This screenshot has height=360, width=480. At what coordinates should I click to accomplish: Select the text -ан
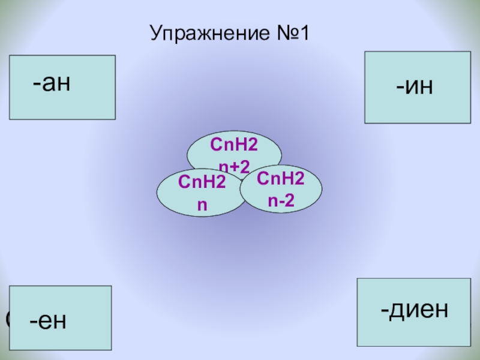point(52,83)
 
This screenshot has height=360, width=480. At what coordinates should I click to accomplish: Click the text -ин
point(414,86)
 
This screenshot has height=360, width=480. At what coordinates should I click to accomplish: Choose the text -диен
point(414,310)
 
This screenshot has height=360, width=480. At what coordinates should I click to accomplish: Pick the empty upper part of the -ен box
point(60,297)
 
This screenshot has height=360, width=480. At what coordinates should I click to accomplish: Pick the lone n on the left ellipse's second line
point(202,204)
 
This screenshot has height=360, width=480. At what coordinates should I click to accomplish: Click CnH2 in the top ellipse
point(230,144)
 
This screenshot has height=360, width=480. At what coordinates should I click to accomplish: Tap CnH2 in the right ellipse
point(280,178)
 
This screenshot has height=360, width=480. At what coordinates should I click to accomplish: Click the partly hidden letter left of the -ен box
point(7,319)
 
